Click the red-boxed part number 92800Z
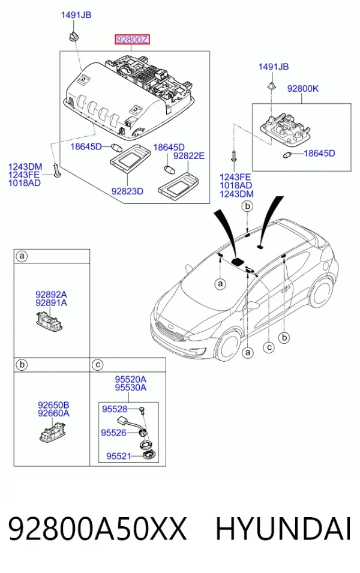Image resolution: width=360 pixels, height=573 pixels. [132, 39]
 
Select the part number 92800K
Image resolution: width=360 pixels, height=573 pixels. [302, 88]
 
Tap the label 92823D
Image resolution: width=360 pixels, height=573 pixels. [127, 191]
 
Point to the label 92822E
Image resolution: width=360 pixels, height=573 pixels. [188, 155]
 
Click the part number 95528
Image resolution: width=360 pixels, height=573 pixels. [115, 409]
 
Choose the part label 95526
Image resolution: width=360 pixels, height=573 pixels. [113, 433]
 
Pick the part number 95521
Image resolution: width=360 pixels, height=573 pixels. [118, 456]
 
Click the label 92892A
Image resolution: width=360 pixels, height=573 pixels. [51, 294]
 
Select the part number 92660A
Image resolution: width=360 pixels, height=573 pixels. [53, 413]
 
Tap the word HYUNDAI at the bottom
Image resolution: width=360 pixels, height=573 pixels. [283, 529]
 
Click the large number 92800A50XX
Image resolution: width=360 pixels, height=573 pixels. [97, 529]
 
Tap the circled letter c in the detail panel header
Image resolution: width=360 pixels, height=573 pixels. [98, 365]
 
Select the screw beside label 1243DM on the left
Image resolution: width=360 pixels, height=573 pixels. [56, 170]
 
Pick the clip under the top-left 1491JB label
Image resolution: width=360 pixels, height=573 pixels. [73, 37]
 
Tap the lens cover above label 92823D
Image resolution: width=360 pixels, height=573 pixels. [130, 158]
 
